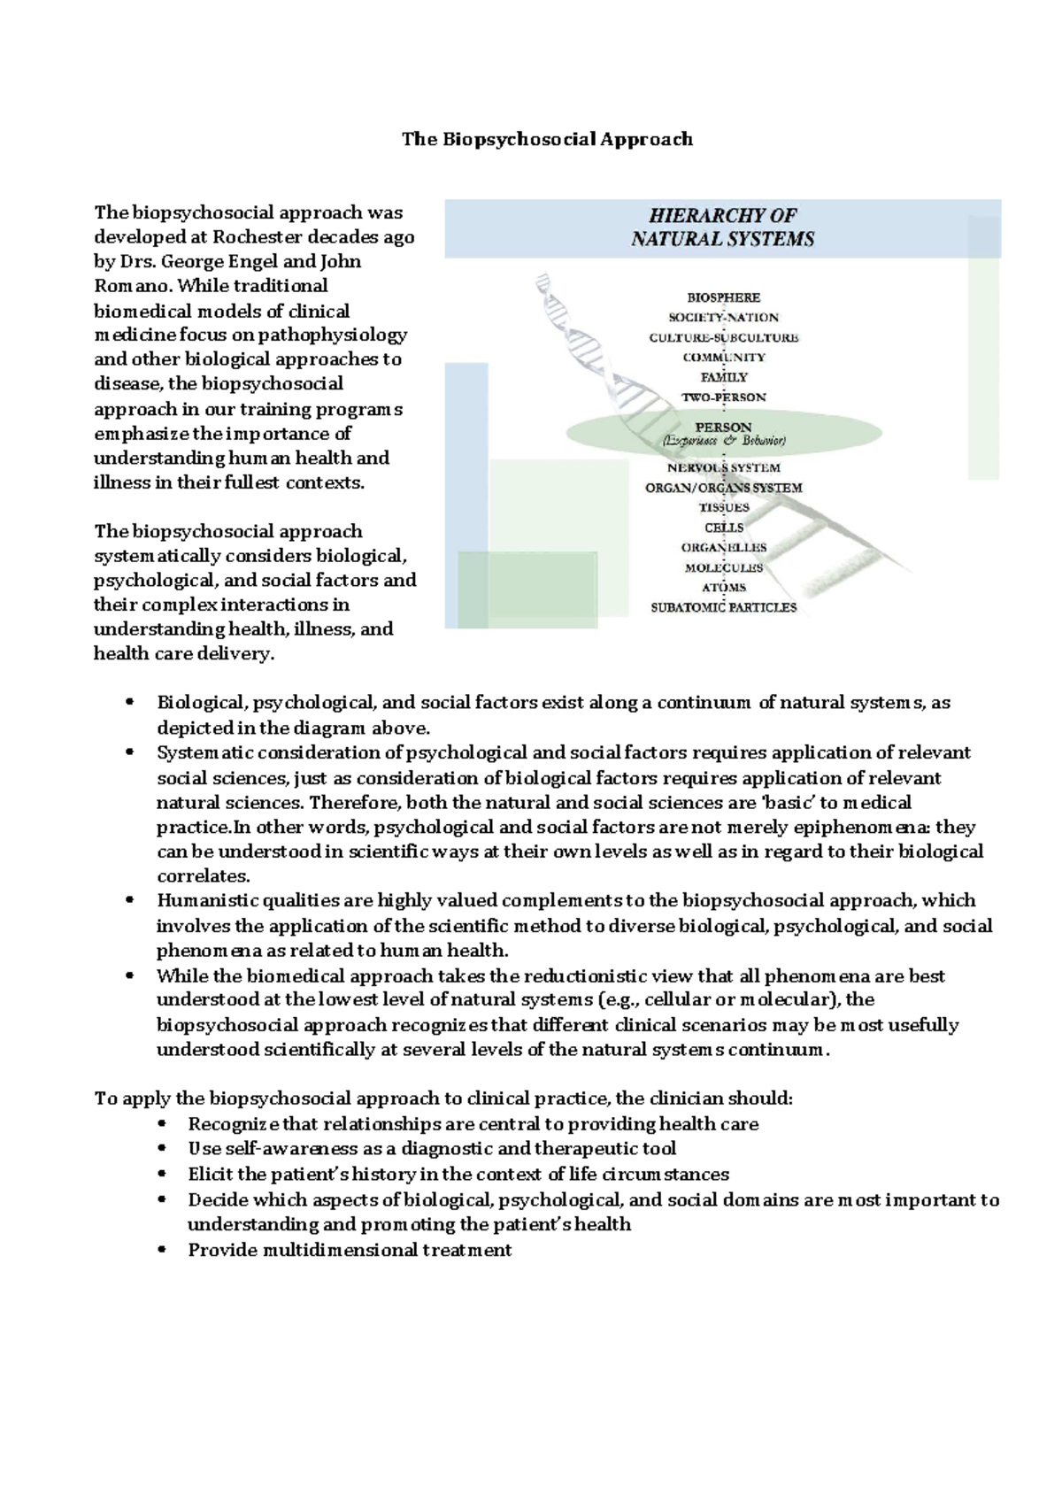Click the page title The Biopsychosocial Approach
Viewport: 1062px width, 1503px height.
547,139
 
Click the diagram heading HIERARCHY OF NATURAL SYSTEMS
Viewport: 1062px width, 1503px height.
722,227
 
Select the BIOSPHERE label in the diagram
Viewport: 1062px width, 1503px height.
723,297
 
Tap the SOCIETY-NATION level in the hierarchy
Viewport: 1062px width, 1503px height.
723,317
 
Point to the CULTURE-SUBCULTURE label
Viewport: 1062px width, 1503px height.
723,337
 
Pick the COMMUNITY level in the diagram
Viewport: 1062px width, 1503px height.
723,358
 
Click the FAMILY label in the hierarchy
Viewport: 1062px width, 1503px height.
723,377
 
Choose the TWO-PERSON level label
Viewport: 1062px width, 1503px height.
723,397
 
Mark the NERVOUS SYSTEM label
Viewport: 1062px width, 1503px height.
723,467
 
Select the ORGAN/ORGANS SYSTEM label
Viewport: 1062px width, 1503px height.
723,488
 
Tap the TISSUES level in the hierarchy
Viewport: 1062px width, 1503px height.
723,507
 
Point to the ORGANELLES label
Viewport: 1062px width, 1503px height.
723,548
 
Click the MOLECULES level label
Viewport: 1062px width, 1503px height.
723,567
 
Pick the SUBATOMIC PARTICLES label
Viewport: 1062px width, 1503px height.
723,608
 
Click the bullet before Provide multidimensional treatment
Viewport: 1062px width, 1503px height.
160,1251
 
